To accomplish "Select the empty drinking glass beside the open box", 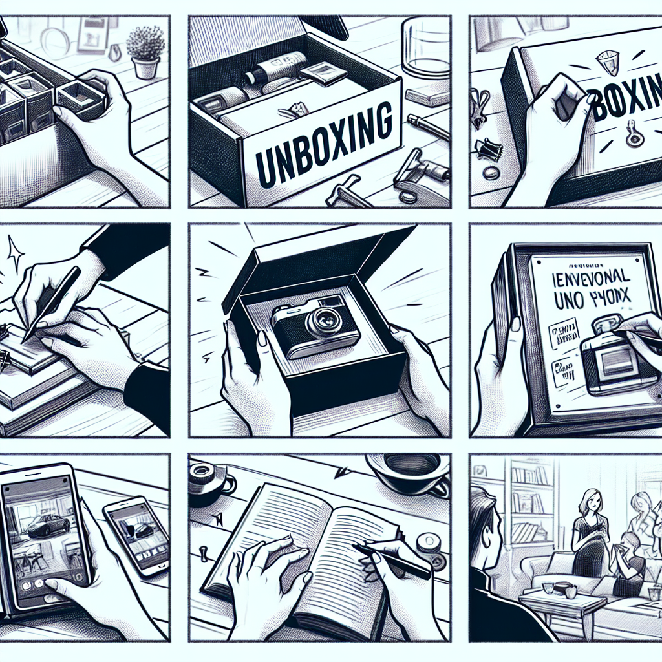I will point(424,49).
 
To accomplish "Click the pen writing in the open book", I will point(391,559).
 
